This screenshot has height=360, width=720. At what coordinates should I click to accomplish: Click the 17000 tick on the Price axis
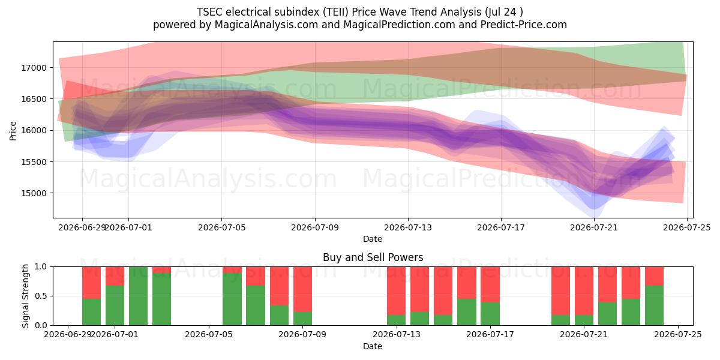tap(34, 68)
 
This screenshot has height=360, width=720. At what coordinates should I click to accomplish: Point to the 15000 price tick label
tap(34, 193)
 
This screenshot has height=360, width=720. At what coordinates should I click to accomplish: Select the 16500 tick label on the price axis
tap(34, 99)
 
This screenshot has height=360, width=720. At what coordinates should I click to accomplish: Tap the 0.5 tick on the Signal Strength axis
tap(41, 296)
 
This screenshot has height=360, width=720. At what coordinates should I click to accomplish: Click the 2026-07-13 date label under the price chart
tap(408, 227)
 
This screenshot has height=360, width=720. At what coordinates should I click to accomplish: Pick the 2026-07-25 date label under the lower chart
tap(678, 335)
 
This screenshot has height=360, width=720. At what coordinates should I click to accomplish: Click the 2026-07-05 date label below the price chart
tap(221, 227)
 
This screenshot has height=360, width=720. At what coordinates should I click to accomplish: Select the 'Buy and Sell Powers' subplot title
tap(373, 257)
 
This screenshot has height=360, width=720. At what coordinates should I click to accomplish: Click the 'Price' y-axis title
tap(13, 131)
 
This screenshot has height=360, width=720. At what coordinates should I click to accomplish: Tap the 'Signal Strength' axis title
tap(25, 296)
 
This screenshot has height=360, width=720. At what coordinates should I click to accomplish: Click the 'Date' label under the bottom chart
tap(373, 346)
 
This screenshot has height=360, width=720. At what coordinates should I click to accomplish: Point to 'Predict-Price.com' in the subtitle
tap(524, 25)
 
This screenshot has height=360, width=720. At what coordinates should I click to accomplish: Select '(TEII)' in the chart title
tap(334, 12)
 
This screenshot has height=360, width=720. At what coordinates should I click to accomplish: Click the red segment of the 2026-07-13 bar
tap(397, 291)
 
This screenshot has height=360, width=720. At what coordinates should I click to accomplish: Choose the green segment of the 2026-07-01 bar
tap(115, 305)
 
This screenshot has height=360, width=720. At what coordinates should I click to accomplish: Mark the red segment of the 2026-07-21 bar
tap(584, 291)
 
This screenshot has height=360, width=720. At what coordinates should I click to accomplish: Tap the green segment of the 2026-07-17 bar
tap(490, 314)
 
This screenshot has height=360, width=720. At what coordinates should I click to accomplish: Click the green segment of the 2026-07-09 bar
tap(303, 319)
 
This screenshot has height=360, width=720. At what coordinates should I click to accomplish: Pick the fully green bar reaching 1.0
tap(139, 296)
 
